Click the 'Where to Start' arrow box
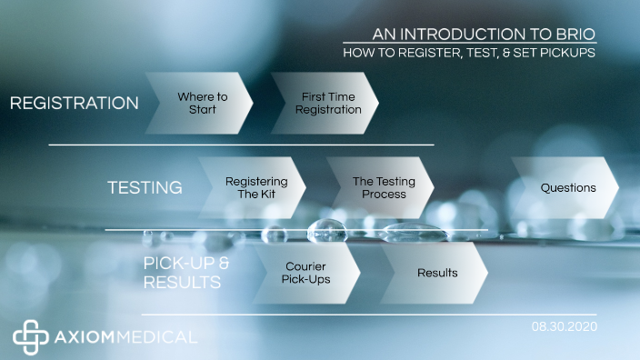click(202, 103)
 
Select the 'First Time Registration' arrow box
click(327, 103)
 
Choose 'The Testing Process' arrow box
click(383, 188)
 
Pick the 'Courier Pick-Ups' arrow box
click(306, 273)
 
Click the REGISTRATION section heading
click(74, 104)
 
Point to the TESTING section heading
click(145, 188)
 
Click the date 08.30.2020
click(564, 325)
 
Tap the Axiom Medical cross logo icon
click(29, 335)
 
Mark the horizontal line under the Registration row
click(241, 145)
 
